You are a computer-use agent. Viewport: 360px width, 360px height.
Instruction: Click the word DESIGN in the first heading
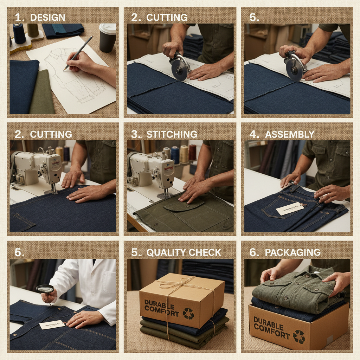pyautogui.click(x=47, y=18)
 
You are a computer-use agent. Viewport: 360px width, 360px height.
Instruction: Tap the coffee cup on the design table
pyautogui.click(x=107, y=38)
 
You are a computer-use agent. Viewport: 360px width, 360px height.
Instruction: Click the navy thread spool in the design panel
pyautogui.click(x=19, y=33)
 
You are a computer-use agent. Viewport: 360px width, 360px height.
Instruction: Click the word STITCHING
pyautogui.click(x=172, y=134)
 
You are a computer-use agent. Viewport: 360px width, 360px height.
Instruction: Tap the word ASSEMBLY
pyautogui.click(x=290, y=134)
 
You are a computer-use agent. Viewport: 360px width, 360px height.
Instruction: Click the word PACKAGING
pyautogui.click(x=292, y=252)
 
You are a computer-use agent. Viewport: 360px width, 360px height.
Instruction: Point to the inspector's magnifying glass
pyautogui.click(x=45, y=289)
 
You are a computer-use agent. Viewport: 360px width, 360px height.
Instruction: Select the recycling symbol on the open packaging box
pyautogui.click(x=299, y=336)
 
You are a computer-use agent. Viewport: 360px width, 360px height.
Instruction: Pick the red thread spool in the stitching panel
pyautogui.click(x=192, y=153)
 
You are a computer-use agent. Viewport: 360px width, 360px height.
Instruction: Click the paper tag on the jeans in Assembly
pyautogui.click(x=290, y=210)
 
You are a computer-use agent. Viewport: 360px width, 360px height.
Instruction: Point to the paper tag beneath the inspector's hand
pyautogui.click(x=52, y=324)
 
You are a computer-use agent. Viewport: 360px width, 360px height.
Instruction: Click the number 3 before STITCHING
pyautogui.click(x=134, y=134)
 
